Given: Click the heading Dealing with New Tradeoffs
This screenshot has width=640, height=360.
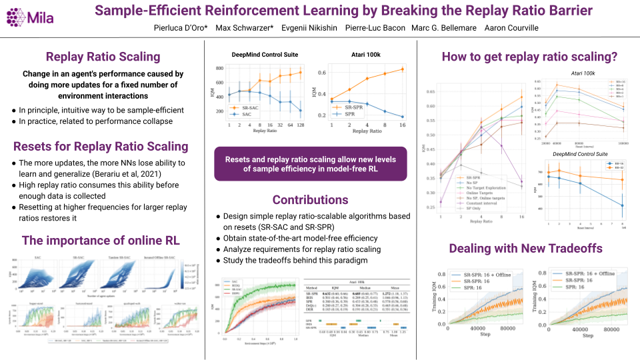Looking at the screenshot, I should [527, 249].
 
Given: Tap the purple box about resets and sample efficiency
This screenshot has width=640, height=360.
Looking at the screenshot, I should [310, 164].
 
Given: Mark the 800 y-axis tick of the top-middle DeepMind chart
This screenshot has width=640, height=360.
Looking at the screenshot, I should [221, 69].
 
